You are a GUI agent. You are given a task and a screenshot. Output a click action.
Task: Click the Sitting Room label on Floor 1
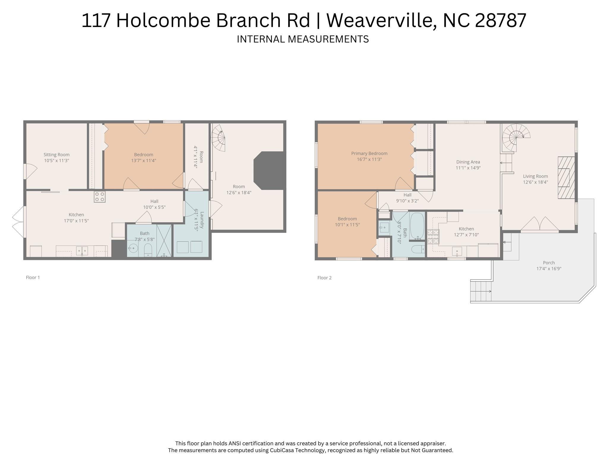[x=56, y=154]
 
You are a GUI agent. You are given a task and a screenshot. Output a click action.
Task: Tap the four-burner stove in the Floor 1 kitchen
[x=100, y=197]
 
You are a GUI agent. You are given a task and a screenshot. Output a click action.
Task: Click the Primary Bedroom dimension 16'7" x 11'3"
[x=369, y=160]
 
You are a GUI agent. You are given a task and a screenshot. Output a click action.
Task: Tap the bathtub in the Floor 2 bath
[x=417, y=226]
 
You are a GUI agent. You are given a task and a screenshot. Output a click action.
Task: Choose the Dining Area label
[x=468, y=162]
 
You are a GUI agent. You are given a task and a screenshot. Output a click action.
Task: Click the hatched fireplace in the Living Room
[x=566, y=177]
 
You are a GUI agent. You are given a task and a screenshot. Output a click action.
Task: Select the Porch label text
[x=549, y=263]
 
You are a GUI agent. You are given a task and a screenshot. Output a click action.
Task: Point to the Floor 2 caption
[x=324, y=278]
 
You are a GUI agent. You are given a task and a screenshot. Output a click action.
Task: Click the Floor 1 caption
[x=33, y=277]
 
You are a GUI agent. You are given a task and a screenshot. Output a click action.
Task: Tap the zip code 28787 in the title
[x=500, y=20]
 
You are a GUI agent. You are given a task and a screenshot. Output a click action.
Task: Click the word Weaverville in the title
[x=382, y=20]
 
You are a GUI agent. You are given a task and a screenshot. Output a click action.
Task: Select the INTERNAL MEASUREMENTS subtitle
[x=303, y=39]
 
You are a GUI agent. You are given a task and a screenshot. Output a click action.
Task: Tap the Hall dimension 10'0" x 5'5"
[x=154, y=207]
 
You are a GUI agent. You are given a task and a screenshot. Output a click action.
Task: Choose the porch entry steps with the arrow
[x=481, y=291]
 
